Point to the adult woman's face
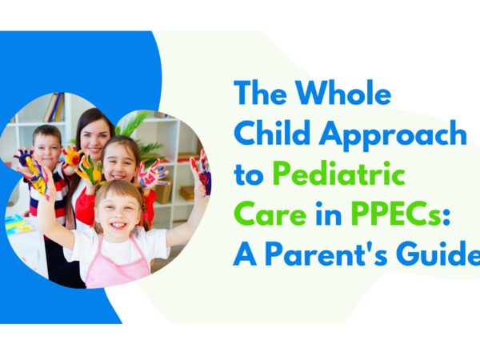pyautogui.click(x=95, y=136)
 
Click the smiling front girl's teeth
pyautogui.click(x=118, y=226)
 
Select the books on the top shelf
pyautogui.click(x=55, y=107)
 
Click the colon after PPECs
pyautogui.click(x=446, y=217)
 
